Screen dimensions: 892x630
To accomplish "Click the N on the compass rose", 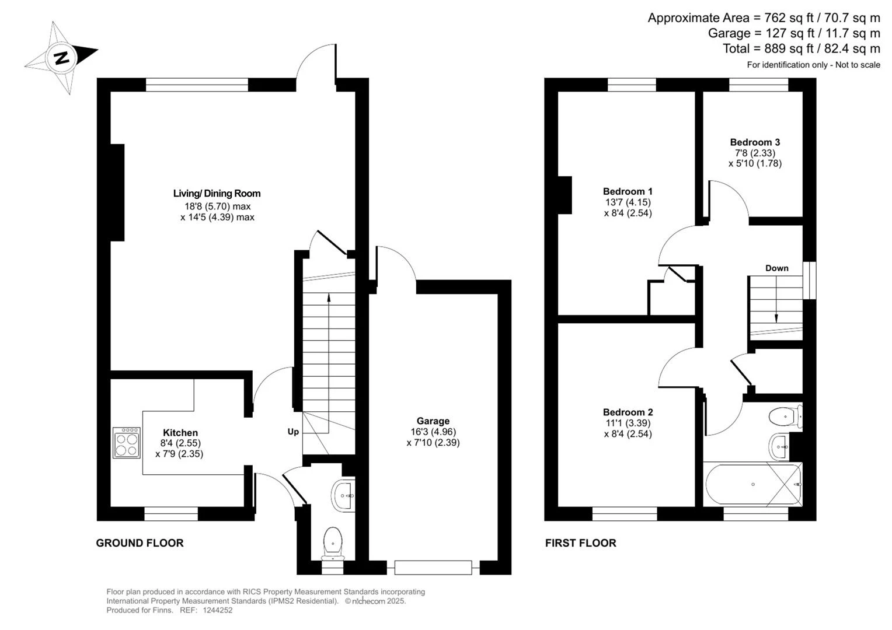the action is (x=62, y=58).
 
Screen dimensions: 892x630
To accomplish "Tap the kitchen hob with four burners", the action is (x=126, y=443).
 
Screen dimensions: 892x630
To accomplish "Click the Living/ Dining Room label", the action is (x=217, y=194).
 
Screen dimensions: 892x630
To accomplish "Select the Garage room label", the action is (x=433, y=421).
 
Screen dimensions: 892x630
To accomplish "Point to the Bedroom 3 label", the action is (x=755, y=142).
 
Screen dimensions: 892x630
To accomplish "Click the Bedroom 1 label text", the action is (x=628, y=191).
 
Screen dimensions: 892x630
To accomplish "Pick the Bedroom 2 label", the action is (x=628, y=412).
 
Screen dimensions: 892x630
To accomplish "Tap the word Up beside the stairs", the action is (x=293, y=432).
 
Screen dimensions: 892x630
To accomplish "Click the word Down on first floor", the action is (x=776, y=268).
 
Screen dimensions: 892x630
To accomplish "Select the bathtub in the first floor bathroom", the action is (x=753, y=484).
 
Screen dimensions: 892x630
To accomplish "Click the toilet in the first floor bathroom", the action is (x=785, y=417).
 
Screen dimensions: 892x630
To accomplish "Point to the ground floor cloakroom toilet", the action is (x=333, y=543).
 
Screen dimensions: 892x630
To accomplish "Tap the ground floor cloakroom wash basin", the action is (x=343, y=495).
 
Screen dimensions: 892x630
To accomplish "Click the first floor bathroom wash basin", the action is (x=779, y=446).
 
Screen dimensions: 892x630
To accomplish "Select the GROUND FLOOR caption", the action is (x=140, y=543).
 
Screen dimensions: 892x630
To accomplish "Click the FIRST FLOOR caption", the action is (x=581, y=543).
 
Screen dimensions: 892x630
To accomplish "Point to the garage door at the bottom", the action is (x=433, y=568).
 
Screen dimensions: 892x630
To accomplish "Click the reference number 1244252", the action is (x=217, y=610).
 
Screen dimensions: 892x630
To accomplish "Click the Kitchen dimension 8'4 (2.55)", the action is (x=180, y=443).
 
